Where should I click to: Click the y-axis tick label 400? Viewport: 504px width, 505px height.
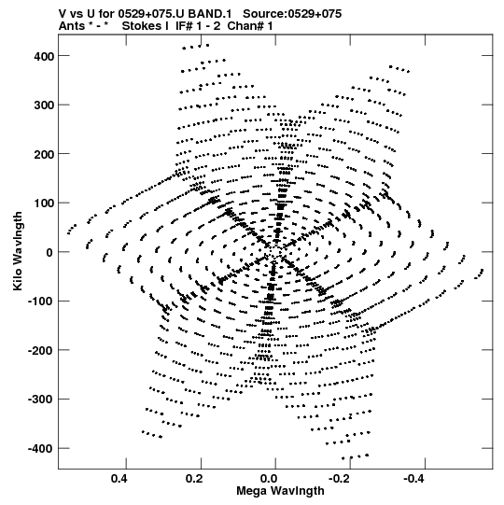(44, 57)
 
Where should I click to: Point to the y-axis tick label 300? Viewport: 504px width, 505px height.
(44, 105)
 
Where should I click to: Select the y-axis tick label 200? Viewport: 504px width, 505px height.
(44, 155)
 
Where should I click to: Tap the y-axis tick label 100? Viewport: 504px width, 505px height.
(44, 203)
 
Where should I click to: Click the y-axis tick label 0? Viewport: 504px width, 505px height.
(49, 253)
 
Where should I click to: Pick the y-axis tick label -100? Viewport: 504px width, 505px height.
(41, 302)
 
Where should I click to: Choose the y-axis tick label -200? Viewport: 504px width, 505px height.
(41, 351)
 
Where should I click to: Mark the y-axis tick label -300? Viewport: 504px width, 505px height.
(41, 400)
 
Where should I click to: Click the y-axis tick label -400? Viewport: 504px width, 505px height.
(41, 449)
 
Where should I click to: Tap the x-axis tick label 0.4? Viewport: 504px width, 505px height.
(119, 479)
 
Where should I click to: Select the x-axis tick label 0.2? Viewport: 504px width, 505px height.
(194, 479)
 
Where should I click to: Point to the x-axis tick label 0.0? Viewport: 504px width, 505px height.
(269, 479)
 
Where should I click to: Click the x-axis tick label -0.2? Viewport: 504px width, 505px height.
(339, 479)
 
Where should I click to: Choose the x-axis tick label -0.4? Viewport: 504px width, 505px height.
(413, 479)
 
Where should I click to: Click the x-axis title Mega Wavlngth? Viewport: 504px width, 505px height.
(280, 491)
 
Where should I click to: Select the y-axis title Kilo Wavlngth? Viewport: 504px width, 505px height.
(18, 251)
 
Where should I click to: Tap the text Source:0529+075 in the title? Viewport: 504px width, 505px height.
(292, 14)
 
